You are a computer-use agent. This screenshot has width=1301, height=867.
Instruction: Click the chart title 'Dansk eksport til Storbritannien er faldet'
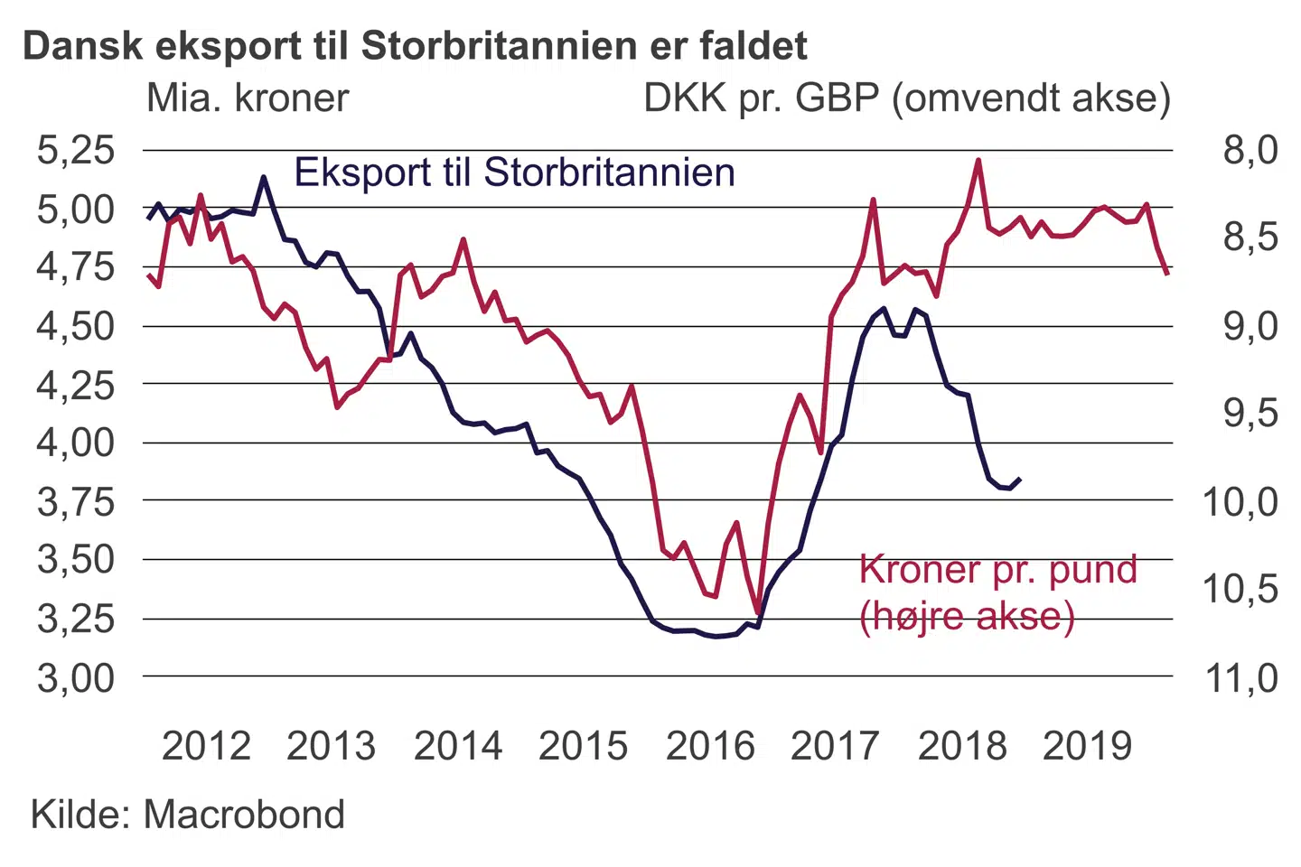(415, 46)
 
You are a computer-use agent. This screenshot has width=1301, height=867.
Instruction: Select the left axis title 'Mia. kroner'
(248, 98)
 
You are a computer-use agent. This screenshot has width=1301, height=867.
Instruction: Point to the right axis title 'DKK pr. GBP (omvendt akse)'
(906, 98)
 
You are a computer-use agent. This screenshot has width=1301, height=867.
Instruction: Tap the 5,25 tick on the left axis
(76, 150)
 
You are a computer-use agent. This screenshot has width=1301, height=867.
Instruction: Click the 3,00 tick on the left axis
(76, 677)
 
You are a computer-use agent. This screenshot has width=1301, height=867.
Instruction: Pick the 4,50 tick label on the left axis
(76, 326)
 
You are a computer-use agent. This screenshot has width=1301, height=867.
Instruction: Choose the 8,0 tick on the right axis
(1250, 150)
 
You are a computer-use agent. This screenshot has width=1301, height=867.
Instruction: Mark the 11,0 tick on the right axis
(1241, 677)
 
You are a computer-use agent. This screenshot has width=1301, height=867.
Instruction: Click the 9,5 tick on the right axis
(1250, 414)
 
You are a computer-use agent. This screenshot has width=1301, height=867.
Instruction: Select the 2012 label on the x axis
(206, 747)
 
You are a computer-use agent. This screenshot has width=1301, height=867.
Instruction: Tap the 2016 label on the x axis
(710, 747)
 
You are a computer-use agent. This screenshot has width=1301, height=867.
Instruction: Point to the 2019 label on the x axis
(1087, 747)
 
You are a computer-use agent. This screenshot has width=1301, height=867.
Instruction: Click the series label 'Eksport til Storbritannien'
(515, 172)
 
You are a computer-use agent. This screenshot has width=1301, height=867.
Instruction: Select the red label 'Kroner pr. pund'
(997, 570)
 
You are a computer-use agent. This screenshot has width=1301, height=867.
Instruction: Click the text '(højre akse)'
(967, 617)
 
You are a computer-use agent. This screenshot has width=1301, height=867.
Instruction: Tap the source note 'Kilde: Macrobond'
(188, 815)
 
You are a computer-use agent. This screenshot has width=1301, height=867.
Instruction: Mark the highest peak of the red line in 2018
(978, 161)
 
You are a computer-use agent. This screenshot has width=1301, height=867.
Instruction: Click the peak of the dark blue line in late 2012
(264, 177)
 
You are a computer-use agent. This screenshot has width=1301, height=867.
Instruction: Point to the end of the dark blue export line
(1020, 479)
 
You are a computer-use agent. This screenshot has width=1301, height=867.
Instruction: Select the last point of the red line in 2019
(1167, 273)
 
